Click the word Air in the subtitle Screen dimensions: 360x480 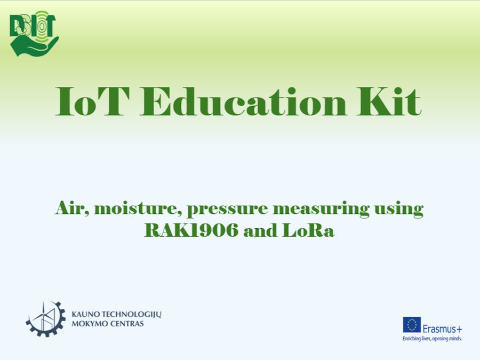(x=71, y=208)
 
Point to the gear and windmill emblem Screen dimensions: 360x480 (x=46, y=318)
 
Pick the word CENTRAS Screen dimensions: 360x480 (x=126, y=324)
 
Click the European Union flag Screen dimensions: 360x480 (x=412, y=324)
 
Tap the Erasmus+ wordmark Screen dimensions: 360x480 (x=442, y=329)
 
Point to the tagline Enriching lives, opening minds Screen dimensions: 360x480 (x=432, y=338)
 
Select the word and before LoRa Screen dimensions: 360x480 (x=267, y=231)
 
